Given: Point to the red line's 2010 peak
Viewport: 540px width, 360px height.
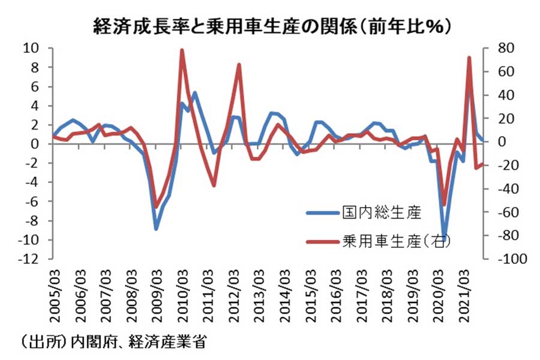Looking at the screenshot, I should tap(182, 50).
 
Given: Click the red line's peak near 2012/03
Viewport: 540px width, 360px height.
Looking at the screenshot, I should tap(239, 64).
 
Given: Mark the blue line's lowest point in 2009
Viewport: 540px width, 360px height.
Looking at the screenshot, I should tap(156, 229).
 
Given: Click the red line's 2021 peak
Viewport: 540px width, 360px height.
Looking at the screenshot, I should tap(469, 58).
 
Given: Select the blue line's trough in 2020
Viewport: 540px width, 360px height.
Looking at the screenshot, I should tap(445, 235).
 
